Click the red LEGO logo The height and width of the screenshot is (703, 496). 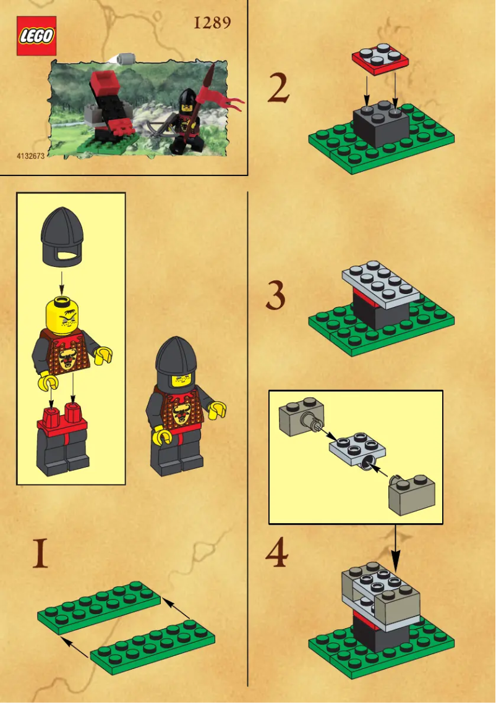pos(36,36)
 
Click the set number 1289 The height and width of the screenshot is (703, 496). pos(212,23)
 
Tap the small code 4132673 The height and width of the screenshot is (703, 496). pos(30,156)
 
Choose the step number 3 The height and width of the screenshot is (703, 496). pos(276,297)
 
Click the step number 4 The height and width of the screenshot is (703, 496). pos(276,554)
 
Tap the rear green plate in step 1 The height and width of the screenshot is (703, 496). pos(99,607)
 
